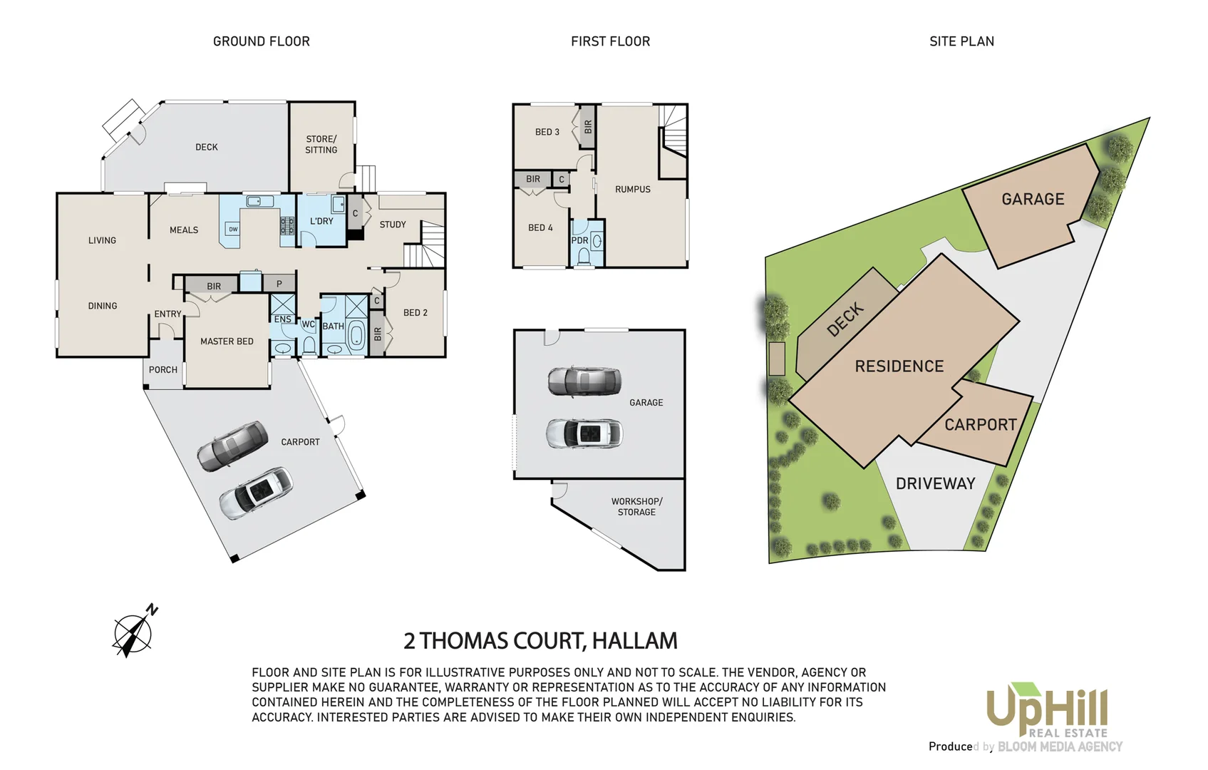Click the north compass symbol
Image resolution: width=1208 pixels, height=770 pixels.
click(x=133, y=632)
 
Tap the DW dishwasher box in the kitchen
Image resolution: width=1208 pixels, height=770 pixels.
click(x=233, y=229)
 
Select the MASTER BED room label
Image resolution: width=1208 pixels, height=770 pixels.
click(x=227, y=342)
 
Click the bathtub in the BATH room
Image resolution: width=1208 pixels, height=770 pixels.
click(x=356, y=334)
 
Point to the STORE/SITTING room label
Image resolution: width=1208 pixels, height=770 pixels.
click(x=321, y=144)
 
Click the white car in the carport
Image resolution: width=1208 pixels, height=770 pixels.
click(x=256, y=493)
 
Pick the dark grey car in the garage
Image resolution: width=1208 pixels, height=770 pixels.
click(x=584, y=381)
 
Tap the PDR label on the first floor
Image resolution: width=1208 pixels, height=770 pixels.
click(x=579, y=240)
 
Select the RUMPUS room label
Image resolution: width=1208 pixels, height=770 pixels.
click(x=633, y=189)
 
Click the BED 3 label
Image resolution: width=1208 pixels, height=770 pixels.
click(x=547, y=132)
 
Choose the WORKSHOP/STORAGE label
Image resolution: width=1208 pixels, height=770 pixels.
click(x=636, y=507)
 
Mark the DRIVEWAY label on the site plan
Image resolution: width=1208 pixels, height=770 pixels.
click(x=935, y=483)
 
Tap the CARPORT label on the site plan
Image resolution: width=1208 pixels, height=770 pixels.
click(x=981, y=425)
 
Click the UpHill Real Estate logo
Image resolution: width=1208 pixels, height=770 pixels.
click(x=1047, y=709)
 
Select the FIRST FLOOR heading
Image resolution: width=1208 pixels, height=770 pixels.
click(x=610, y=41)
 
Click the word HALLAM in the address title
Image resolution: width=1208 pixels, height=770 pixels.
click(x=634, y=641)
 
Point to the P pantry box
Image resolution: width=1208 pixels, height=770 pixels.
click(x=279, y=284)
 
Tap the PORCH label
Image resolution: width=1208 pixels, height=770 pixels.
click(x=163, y=370)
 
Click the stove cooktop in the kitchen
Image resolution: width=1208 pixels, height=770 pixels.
click(x=287, y=226)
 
